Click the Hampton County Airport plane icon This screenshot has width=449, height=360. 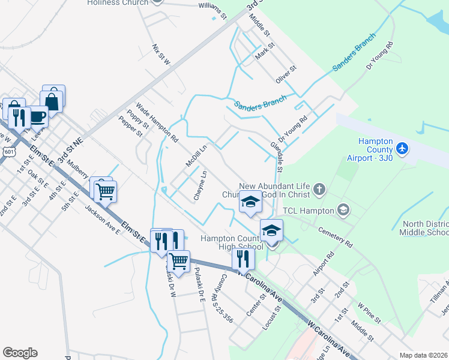click(402, 148)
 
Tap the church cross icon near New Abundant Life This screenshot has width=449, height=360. click(319, 190)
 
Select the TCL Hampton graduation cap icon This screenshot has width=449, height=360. click(343, 210)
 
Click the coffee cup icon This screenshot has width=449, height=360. click(38, 116)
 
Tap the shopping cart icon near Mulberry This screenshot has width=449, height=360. click(105, 191)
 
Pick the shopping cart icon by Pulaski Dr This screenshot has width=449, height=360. click(178, 261)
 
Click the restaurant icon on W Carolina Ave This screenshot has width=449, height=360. click(243, 259)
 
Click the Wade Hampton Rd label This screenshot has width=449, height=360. click(157, 122)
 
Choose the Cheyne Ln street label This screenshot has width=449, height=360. click(200, 185)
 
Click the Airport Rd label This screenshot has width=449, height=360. click(322, 264)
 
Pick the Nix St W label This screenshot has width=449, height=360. click(161, 54)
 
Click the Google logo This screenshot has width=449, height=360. click(20, 353)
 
